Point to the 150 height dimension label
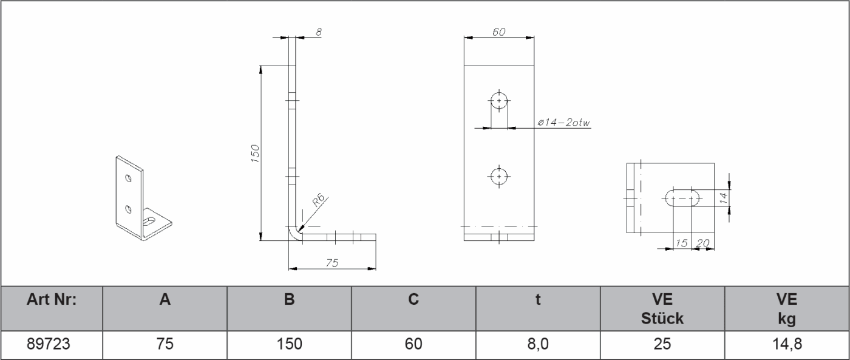256,154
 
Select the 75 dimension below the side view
332,262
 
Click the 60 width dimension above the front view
499,32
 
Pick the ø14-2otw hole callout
564,123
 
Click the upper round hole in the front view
499,100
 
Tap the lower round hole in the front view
499,176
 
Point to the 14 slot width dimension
722,197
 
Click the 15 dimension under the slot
682,243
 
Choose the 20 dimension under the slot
704,243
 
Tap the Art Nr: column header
52,299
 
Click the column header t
538,299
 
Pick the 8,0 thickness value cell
538,344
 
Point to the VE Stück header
662,308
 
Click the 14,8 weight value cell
787,344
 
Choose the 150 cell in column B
290,344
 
